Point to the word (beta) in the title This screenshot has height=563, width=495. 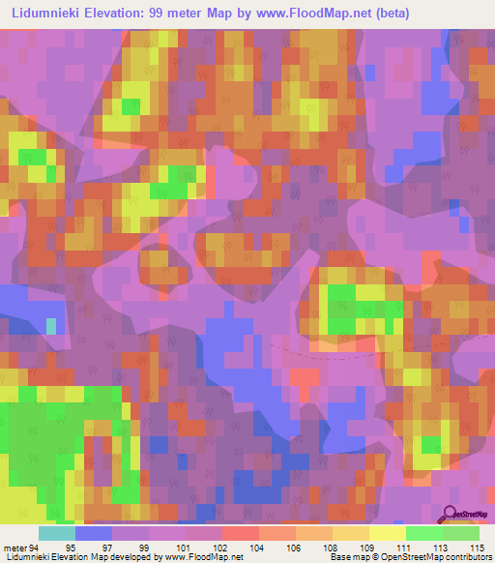pyautogui.click(x=384, y=14)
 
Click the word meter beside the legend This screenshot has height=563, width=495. pyautogui.click(x=14, y=548)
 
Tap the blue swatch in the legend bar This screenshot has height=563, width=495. pyautogui.click(x=93, y=533)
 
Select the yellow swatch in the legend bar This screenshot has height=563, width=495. pyautogui.click(x=387, y=533)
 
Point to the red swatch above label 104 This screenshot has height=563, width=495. pyautogui.click(x=240, y=533)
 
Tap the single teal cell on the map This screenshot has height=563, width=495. pyautogui.click(x=52, y=327)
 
